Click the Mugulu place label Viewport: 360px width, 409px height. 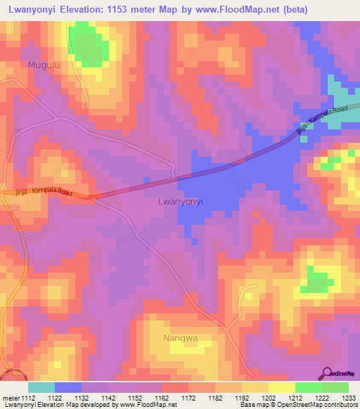[41, 65]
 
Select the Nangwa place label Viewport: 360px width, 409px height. [180, 338]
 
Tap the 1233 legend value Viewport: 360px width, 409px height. [349, 397]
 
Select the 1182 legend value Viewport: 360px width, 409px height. [215, 397]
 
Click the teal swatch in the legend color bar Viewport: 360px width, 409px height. [41, 387]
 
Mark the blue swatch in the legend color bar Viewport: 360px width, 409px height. [68, 387]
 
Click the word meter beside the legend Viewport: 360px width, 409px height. [9, 397]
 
